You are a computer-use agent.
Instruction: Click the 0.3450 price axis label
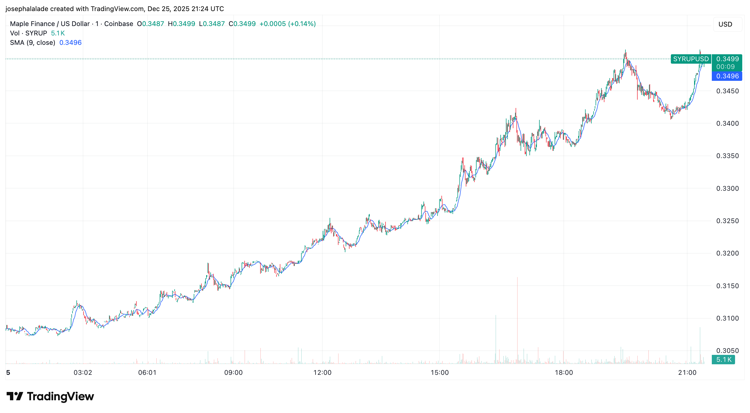point(727,91)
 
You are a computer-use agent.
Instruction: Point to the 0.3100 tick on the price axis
point(727,318)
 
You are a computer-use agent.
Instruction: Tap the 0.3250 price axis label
point(727,221)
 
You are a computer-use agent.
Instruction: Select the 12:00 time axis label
point(322,373)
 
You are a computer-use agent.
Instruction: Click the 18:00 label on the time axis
point(564,373)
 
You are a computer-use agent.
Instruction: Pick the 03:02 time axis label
point(83,373)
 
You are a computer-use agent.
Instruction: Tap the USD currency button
point(725,24)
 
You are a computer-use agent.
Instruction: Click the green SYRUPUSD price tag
point(690,59)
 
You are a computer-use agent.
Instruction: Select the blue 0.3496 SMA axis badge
point(727,76)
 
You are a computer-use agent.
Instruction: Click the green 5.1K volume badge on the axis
point(723,360)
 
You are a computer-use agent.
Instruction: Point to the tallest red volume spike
point(517,320)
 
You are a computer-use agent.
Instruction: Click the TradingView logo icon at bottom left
point(15,396)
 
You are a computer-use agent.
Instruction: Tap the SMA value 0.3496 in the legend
point(71,43)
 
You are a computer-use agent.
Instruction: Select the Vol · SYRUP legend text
point(29,33)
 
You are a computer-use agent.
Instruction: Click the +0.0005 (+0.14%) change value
point(287,24)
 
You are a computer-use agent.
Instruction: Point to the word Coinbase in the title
point(118,24)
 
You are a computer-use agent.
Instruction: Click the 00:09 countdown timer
point(725,67)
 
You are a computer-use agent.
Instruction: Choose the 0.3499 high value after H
point(184,24)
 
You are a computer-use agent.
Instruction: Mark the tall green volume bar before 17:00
point(496,339)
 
